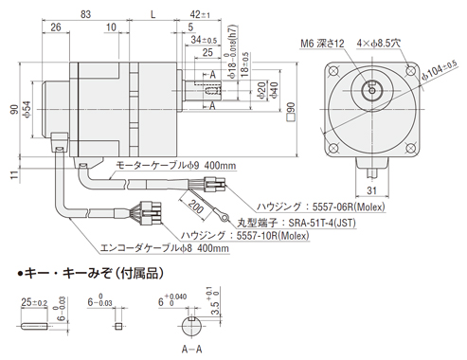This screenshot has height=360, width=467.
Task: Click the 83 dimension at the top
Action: (x=85, y=14)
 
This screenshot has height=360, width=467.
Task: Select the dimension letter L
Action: (x=153, y=14)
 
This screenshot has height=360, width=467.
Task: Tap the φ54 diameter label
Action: (x=27, y=110)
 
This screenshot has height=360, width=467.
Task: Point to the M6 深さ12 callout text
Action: (x=322, y=44)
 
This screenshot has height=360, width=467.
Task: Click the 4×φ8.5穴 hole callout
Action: (x=379, y=44)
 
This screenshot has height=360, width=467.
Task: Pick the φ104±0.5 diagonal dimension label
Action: (x=440, y=71)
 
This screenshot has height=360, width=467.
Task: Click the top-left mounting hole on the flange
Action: (x=333, y=71)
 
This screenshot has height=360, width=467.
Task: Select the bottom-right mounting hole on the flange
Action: (x=410, y=148)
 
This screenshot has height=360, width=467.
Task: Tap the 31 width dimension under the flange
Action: (x=371, y=190)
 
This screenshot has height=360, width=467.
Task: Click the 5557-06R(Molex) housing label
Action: (x=349, y=207)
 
